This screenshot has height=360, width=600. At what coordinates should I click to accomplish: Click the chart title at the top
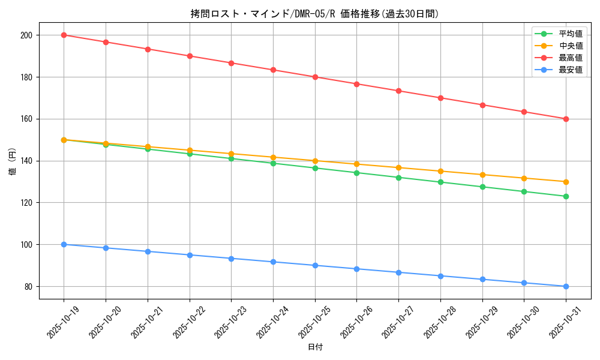315,14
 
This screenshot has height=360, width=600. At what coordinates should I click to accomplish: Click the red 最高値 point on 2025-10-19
64,35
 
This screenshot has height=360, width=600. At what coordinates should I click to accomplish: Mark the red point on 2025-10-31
566,119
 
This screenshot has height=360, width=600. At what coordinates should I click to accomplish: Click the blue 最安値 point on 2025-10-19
64,244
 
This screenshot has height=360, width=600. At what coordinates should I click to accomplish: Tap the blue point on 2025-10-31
566,286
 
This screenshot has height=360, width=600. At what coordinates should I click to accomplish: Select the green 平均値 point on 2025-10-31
566,196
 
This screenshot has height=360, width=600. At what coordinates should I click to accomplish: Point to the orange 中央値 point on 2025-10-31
566,182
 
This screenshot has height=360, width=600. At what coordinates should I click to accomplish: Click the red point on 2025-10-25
315,77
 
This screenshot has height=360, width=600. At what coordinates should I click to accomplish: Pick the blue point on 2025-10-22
190,255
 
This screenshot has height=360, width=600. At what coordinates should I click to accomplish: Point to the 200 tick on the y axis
27,35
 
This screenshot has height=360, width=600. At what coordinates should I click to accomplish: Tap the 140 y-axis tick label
27,161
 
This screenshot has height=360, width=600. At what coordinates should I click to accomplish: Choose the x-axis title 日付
315,347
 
